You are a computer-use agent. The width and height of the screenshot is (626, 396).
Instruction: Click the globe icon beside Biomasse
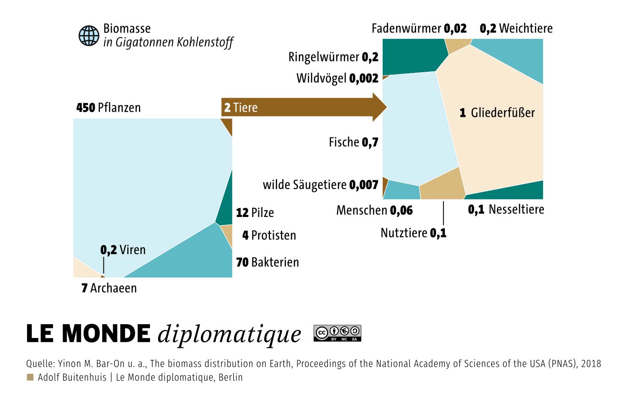89,36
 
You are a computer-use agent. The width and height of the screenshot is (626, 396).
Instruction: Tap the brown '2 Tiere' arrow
304,107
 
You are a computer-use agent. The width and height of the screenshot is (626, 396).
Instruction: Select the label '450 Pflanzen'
109,108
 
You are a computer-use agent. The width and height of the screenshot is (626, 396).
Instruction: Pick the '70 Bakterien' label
268,262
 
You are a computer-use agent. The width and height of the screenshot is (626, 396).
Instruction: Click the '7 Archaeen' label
109,288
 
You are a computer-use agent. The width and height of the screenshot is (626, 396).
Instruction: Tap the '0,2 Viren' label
123,250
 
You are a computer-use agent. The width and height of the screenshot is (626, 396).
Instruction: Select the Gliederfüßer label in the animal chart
497,113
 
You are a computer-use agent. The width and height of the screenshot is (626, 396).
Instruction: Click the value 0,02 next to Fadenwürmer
455,28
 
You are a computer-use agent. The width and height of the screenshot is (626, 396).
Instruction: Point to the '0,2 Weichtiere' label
516,28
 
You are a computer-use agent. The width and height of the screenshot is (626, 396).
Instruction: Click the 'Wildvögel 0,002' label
337,78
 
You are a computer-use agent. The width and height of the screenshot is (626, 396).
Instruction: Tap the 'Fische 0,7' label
353,142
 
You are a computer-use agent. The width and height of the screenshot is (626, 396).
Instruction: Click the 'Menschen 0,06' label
374,210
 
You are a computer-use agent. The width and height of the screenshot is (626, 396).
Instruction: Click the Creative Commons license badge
337,333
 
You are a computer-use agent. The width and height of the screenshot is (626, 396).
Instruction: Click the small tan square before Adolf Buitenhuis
30,377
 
